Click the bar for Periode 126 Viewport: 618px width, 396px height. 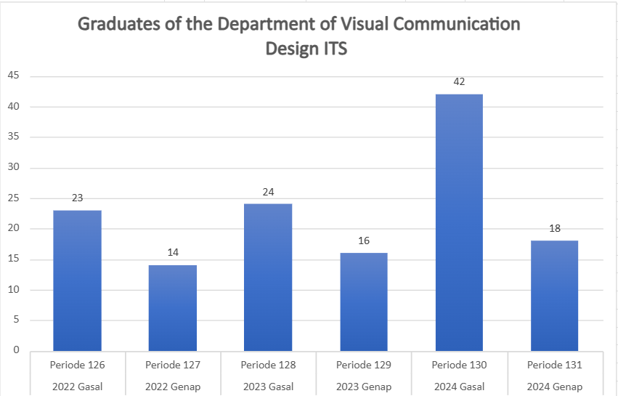(x=77, y=280)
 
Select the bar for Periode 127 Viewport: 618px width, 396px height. (x=173, y=308)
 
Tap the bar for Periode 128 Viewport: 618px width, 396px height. (x=268, y=277)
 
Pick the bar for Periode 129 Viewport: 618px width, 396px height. (x=364, y=302)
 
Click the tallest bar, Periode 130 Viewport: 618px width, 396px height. (x=459, y=222)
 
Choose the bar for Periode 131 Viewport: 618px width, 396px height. (x=554, y=296)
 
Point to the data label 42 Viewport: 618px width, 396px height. (x=459, y=82)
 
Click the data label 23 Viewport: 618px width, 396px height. (x=77, y=198)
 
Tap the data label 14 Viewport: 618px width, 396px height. (x=173, y=252)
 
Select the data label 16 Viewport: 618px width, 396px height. (x=364, y=241)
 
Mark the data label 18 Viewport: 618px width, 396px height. (x=554, y=228)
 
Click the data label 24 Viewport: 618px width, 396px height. (x=268, y=192)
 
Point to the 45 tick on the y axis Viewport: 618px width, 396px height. (x=14, y=76)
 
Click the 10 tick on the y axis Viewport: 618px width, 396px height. (x=14, y=290)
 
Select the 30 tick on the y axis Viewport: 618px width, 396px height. (x=14, y=167)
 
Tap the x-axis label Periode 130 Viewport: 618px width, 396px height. (x=459, y=365)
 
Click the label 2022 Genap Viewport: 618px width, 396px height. (x=173, y=387)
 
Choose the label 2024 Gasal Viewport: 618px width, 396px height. (x=459, y=387)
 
